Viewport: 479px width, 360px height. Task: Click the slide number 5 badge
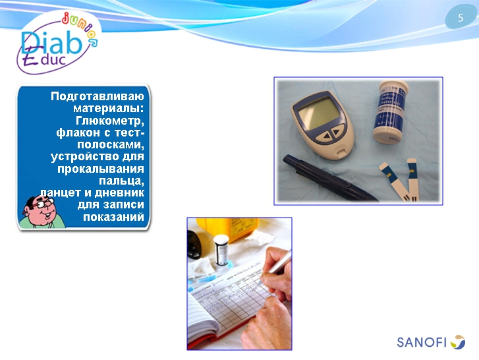tap(461, 18)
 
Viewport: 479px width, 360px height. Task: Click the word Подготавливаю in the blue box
tap(98, 96)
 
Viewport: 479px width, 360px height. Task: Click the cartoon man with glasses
tap(39, 211)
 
